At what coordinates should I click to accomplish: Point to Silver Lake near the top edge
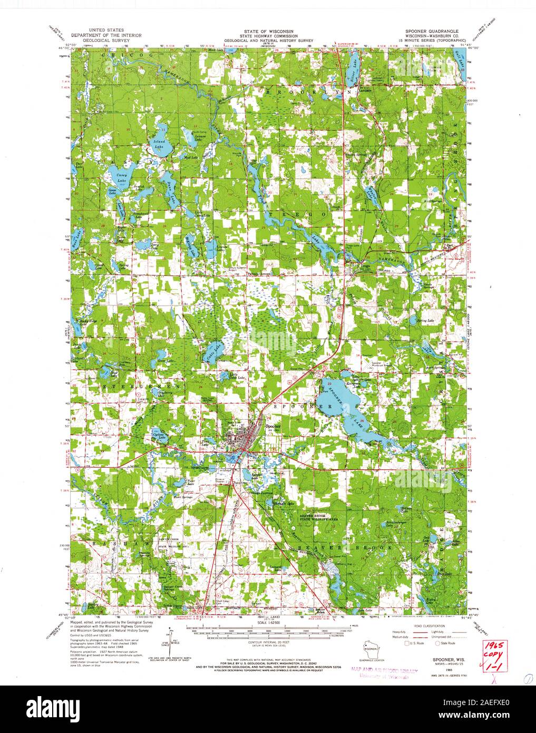pos(352,69)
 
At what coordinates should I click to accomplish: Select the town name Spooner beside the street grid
pos(274,426)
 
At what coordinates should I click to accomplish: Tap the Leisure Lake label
pos(199,134)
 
